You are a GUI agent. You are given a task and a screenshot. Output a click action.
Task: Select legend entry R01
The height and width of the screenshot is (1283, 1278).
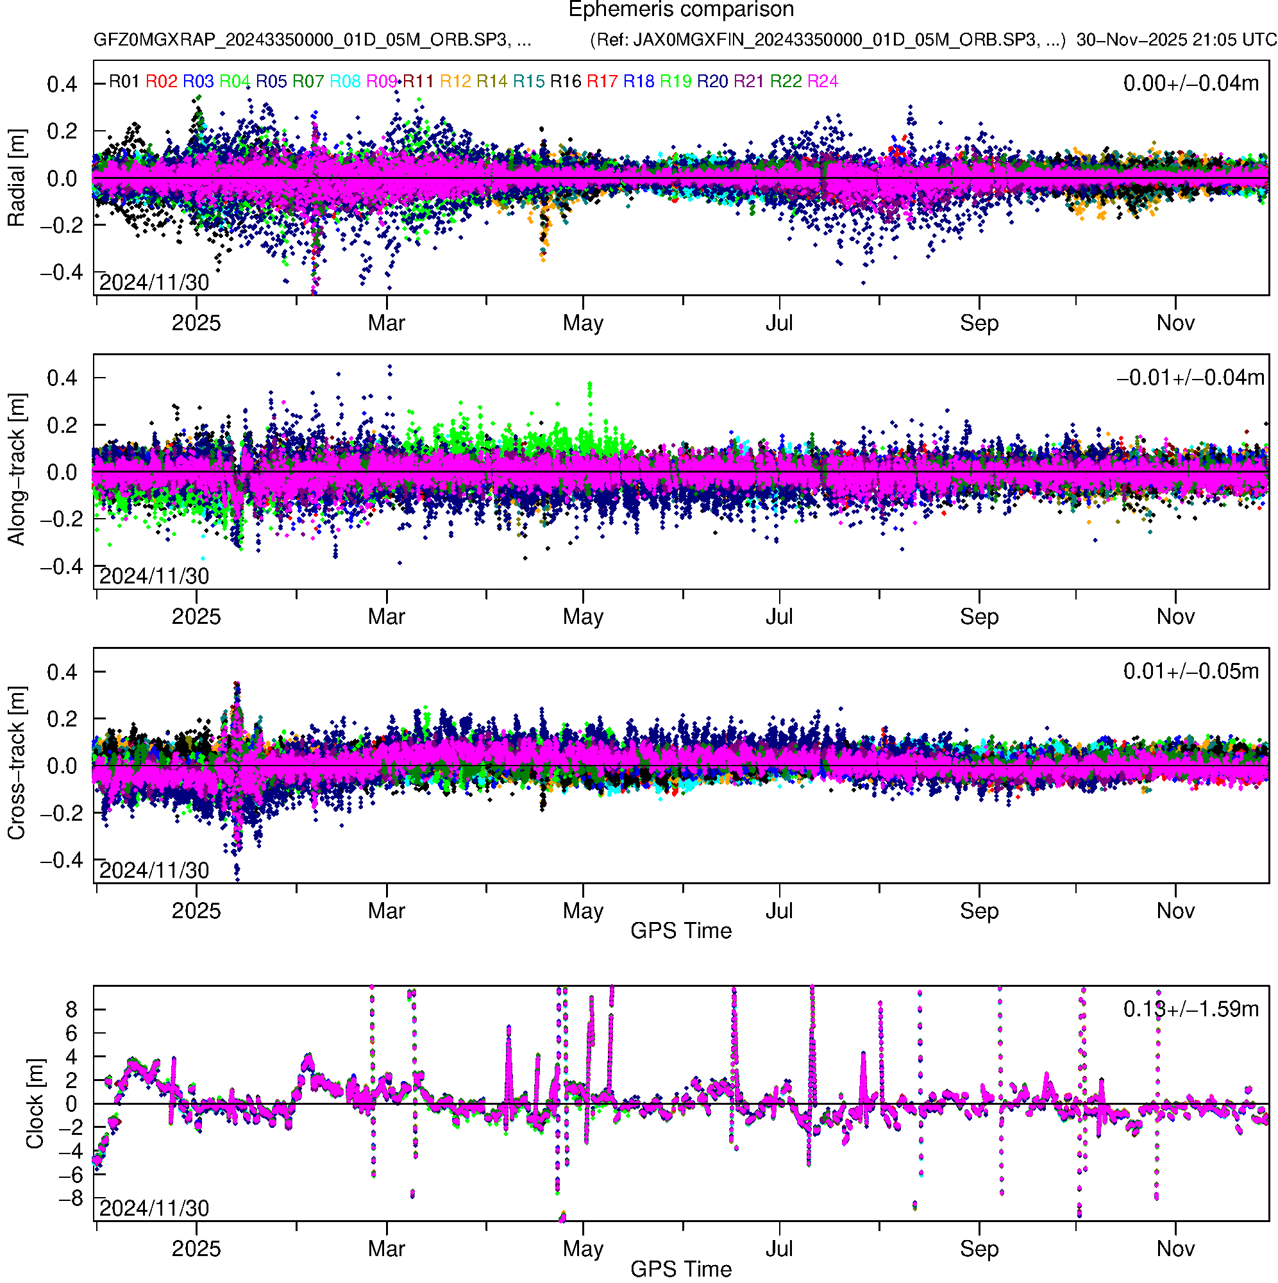[x=124, y=81]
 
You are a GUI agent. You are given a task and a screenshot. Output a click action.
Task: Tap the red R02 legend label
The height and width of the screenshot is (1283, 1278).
[x=162, y=81]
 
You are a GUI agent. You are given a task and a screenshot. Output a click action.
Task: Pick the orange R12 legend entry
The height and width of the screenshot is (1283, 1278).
[x=455, y=81]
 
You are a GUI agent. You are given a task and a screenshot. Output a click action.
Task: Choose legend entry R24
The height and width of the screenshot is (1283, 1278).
[x=822, y=81]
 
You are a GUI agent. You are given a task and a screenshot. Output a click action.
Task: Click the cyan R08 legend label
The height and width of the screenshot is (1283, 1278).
[x=345, y=81]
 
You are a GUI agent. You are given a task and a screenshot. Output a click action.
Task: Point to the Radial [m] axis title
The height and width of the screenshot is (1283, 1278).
[x=16, y=178]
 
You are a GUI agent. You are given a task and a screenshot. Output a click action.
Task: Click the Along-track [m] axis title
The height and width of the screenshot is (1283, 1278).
[x=16, y=469]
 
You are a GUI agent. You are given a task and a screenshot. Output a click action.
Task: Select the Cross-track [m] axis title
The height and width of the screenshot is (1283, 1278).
[x=16, y=764]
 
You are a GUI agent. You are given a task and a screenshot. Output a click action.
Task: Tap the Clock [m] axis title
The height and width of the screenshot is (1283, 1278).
[x=35, y=1103]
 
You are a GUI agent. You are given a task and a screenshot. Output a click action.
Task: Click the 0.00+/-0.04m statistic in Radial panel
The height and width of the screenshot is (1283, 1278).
[x=1190, y=83]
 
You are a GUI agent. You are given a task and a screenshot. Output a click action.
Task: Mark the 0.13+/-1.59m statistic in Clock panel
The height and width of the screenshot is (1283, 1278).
[x=1190, y=1009]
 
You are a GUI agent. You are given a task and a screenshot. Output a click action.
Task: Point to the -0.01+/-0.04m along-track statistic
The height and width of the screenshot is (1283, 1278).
[x=1190, y=378]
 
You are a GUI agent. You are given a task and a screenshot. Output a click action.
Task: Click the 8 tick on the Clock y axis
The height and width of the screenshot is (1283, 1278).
[x=71, y=1010]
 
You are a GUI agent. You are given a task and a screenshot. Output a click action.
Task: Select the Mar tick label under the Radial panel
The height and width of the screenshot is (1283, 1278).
[x=386, y=323]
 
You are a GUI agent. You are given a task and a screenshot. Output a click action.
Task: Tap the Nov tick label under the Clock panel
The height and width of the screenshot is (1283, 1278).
[x=1175, y=1248]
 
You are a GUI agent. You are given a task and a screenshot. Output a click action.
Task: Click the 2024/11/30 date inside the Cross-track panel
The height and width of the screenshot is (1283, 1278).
[x=154, y=870]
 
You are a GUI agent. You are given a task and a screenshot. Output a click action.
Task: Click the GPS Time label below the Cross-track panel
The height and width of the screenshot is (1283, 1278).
[x=680, y=930]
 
